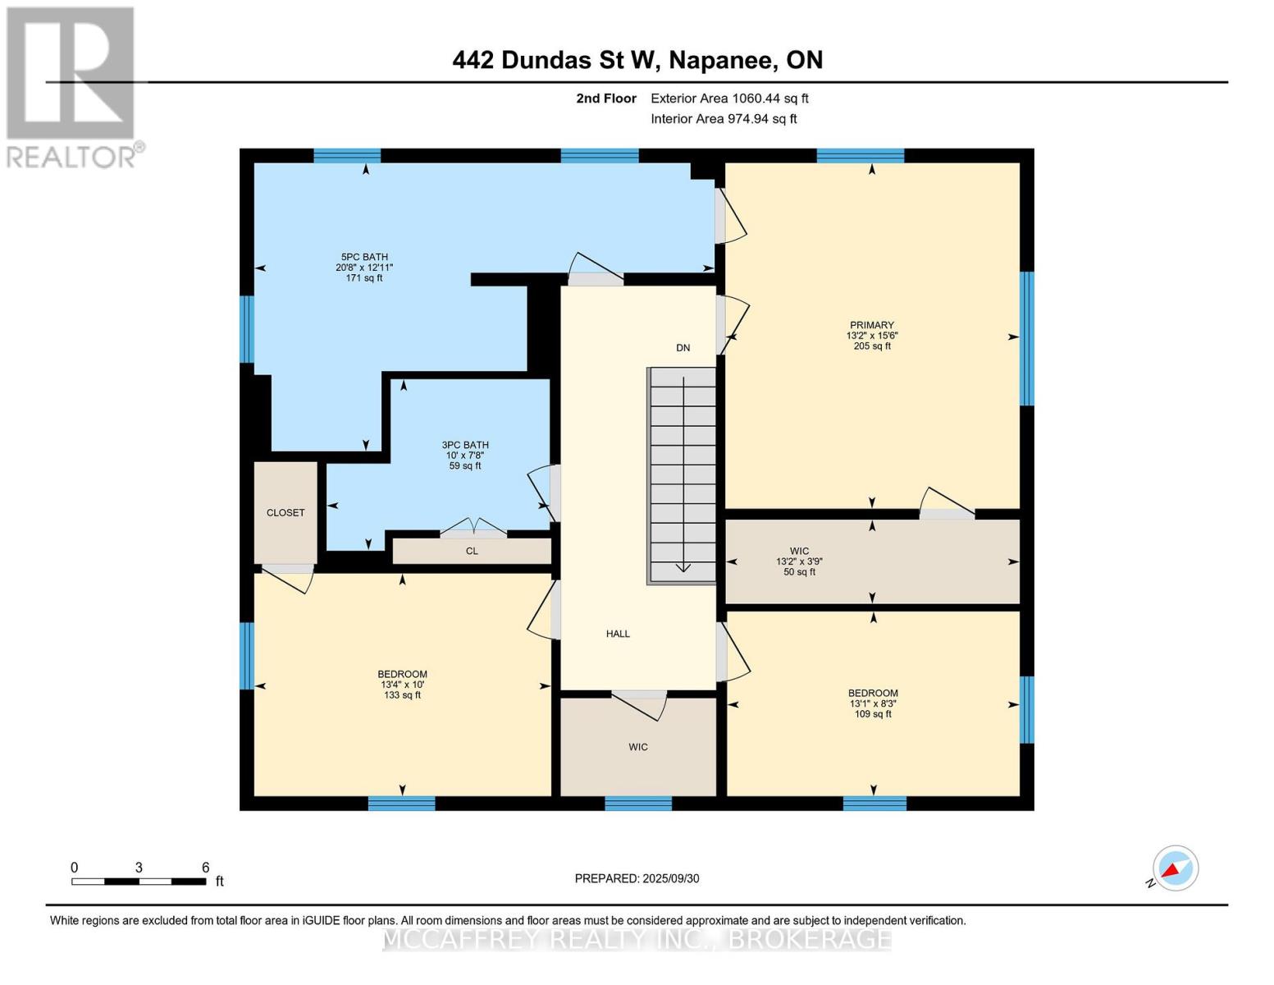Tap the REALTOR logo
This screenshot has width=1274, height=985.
(72, 87)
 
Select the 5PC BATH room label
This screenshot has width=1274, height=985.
(364, 268)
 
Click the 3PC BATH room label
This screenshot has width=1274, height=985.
(465, 456)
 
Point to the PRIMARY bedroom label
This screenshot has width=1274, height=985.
(871, 335)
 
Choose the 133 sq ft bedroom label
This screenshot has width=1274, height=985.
(402, 685)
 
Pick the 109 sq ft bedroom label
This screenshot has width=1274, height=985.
(873, 703)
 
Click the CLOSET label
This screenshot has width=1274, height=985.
(285, 513)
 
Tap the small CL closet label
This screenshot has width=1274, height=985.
(472, 551)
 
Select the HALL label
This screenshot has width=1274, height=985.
(618, 634)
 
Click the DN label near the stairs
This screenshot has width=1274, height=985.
(683, 348)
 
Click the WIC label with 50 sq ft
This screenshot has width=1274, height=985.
(799, 561)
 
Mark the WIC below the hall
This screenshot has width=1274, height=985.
(638, 747)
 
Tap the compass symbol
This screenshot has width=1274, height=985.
(1175, 868)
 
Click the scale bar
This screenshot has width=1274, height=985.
(139, 882)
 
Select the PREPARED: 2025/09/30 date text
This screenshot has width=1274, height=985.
(637, 878)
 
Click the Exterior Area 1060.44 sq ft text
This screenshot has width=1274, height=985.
(729, 98)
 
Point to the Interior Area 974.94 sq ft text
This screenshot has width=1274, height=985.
(724, 119)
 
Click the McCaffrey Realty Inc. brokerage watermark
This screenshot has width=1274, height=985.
(637, 938)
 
